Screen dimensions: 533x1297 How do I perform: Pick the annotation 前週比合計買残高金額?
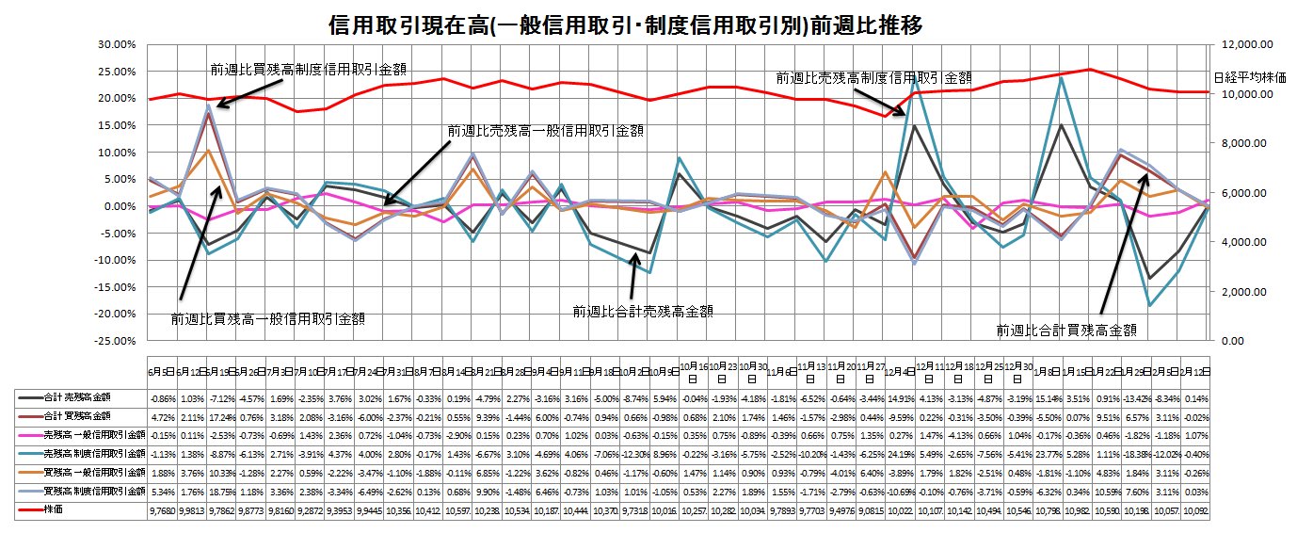point(1066,330)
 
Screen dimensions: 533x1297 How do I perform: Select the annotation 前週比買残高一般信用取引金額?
point(268,319)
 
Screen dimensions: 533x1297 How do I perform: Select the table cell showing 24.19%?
point(900,453)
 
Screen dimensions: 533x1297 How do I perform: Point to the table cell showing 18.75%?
point(219,491)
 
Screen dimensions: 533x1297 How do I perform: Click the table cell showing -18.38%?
point(1135,453)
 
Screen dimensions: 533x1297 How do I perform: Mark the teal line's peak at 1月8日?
point(1061,77)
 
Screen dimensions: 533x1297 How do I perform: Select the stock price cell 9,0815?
point(871,509)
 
